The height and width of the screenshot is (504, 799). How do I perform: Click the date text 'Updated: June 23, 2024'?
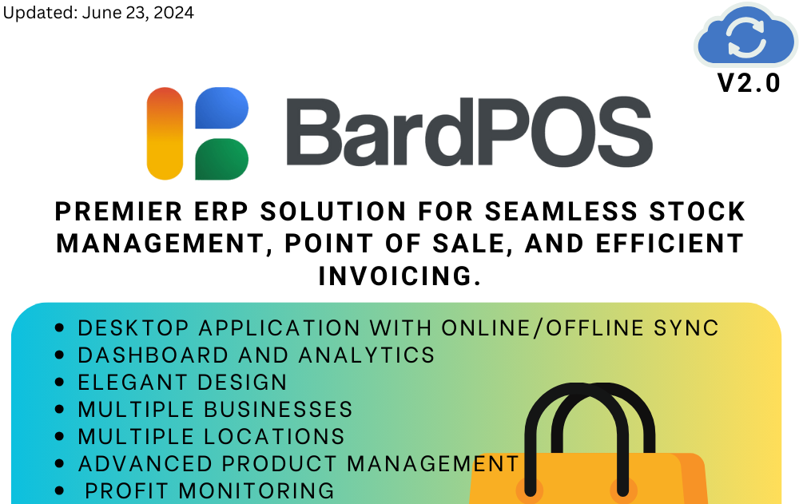pos(98,12)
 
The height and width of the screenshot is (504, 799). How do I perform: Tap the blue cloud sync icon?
pos(745,35)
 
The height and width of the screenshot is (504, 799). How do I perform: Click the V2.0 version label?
pos(749,83)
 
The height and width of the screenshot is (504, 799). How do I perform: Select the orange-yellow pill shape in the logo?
pos(165,133)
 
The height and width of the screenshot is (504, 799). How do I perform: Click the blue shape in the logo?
pos(221,108)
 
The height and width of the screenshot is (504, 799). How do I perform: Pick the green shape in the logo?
pos(221,159)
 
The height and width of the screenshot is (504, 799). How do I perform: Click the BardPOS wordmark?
pos(469,132)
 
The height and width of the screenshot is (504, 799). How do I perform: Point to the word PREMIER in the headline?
pos(119,212)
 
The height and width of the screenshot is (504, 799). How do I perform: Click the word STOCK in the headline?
pos(697,212)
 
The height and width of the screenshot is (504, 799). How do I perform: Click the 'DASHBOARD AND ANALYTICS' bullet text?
pos(256,355)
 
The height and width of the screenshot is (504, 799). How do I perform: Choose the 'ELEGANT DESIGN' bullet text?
pos(182,383)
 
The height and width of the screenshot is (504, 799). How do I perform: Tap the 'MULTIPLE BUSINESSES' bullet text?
pos(215,410)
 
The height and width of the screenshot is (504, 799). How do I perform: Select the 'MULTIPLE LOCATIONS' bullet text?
pos(212,437)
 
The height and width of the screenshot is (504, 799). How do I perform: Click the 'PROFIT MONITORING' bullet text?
pos(209,490)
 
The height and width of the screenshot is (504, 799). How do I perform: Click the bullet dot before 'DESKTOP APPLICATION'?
pos(59,327)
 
